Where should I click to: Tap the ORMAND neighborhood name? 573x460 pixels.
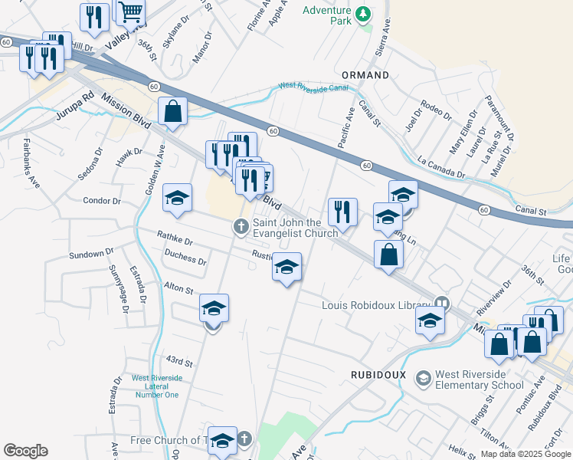(365, 75)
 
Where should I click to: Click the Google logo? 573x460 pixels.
(25, 451)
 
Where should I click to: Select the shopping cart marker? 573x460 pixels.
(131, 11)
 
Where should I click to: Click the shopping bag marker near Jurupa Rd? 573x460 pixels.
(173, 112)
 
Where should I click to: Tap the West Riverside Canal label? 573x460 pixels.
(313, 87)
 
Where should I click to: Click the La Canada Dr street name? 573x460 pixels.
(441, 168)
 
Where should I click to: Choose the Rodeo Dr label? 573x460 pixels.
(437, 111)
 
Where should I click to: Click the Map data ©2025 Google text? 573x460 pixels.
(525, 454)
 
